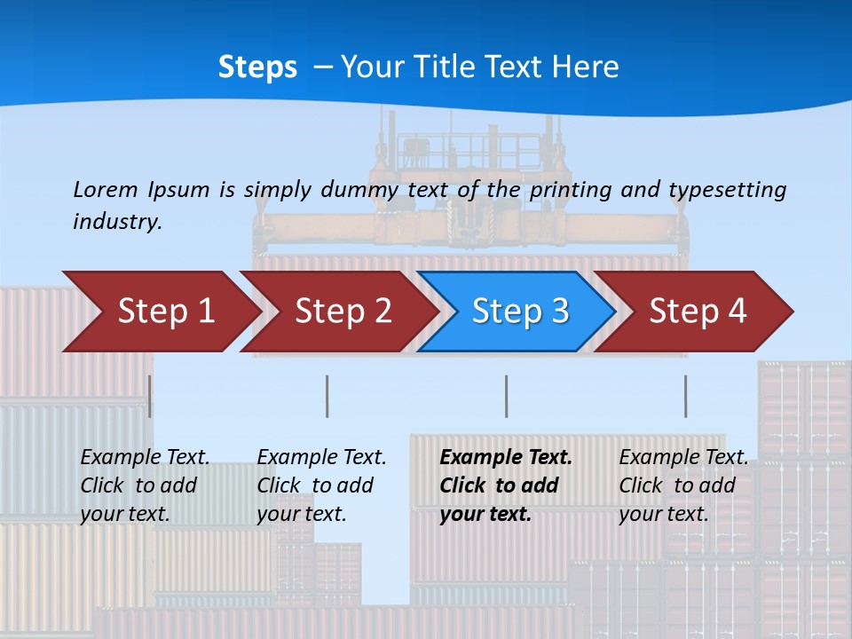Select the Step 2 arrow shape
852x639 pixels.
tap(343, 311)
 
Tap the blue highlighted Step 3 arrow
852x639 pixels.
tap(520, 311)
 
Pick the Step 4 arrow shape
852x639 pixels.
tap(698, 311)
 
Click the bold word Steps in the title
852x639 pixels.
tap(257, 67)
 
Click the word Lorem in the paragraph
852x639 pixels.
tap(104, 189)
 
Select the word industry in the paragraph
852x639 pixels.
tap(117, 222)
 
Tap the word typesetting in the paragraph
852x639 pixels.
tap(727, 189)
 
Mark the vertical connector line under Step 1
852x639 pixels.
tap(150, 396)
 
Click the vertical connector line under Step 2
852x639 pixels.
tap(327, 396)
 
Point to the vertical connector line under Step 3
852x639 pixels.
tap(507, 396)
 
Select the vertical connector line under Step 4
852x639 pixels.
tap(686, 396)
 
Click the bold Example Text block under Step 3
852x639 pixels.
tap(506, 485)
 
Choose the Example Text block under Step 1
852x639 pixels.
tap(145, 485)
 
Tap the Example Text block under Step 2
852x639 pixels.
tap(321, 485)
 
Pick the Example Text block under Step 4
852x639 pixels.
tap(683, 485)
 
